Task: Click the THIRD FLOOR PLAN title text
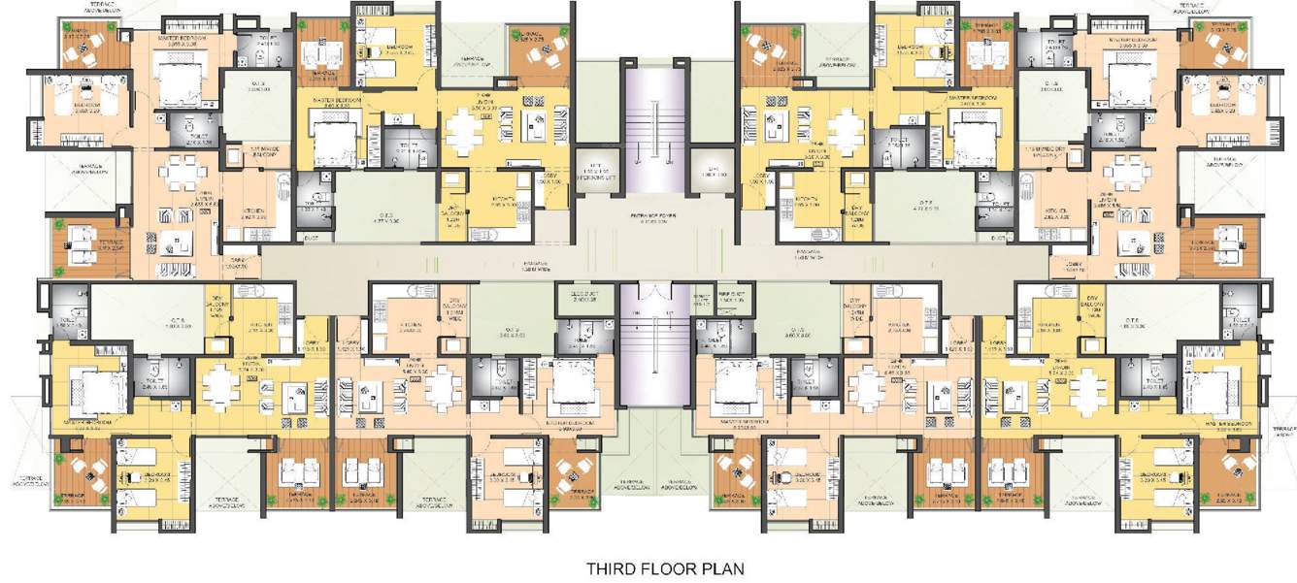pos(665,567)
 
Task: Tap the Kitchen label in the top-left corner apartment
pos(248,218)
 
